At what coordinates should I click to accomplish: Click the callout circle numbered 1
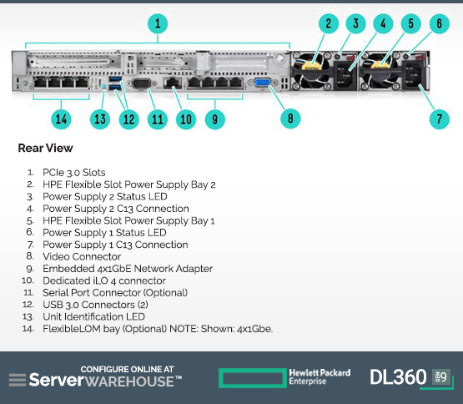click(x=158, y=23)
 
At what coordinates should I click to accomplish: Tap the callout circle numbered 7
click(x=439, y=119)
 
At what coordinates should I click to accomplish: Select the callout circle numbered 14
click(x=61, y=119)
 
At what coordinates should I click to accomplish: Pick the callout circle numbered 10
click(x=186, y=119)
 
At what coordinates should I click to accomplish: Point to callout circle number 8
click(x=290, y=119)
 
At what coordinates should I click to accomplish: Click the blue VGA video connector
click(x=262, y=83)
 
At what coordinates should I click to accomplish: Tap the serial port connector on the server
click(x=142, y=83)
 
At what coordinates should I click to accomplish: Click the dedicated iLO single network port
click(x=173, y=83)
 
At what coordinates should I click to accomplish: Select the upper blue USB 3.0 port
click(x=115, y=79)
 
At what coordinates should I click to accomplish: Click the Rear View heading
click(x=46, y=148)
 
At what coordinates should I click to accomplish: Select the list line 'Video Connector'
click(x=82, y=256)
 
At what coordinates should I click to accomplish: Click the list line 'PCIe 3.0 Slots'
click(x=74, y=172)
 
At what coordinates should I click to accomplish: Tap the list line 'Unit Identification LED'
click(x=94, y=316)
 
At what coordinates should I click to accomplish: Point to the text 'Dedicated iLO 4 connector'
click(x=104, y=280)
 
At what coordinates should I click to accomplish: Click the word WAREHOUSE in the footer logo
click(x=129, y=381)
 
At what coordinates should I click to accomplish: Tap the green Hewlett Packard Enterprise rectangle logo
click(x=253, y=378)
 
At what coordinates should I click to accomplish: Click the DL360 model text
click(x=398, y=377)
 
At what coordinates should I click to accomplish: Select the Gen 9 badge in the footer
click(x=441, y=376)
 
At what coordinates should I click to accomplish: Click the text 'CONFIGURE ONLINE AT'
click(x=128, y=369)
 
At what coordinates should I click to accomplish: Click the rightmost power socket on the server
click(x=413, y=76)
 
